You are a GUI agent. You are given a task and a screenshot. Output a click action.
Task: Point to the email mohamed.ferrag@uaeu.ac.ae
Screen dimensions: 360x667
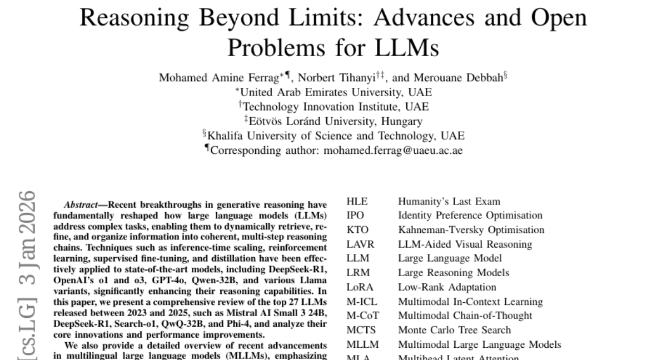(402, 150)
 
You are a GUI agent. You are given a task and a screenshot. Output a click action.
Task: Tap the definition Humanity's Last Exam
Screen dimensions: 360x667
(449, 201)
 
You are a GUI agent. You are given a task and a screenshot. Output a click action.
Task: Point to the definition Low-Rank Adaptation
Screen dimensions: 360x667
(447, 287)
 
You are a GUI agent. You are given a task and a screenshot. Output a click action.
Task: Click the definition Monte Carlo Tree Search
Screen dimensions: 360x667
(454, 330)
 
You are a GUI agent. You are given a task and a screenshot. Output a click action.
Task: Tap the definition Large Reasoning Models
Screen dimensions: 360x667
(453, 273)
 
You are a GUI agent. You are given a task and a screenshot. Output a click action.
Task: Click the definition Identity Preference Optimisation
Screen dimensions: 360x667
(470, 215)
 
